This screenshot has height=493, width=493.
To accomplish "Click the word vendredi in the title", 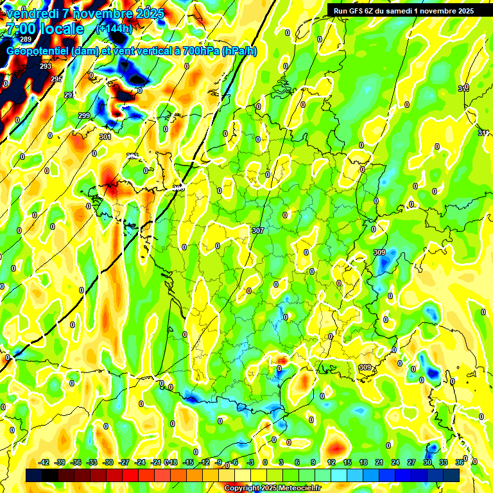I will click(x=31, y=13).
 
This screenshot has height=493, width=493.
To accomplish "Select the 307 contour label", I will click(x=258, y=230).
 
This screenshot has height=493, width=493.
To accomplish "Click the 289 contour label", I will click(x=26, y=40).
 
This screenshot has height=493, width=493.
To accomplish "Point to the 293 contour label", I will click(x=46, y=66).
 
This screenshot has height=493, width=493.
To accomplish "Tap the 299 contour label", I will click(x=84, y=116).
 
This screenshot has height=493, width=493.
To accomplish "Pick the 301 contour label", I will click(x=105, y=137).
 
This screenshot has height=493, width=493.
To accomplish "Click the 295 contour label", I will click(x=57, y=79).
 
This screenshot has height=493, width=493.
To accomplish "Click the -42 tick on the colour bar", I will click(x=44, y=462).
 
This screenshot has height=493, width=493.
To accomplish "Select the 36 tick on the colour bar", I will click(x=460, y=462).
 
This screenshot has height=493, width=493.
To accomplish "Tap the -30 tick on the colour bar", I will click(x=108, y=462).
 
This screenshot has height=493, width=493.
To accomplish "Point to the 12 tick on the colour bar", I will click(x=331, y=462).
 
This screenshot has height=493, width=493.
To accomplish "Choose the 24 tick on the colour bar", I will click(x=395, y=462).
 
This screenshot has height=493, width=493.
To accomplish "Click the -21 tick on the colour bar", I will click(x=156, y=462).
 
